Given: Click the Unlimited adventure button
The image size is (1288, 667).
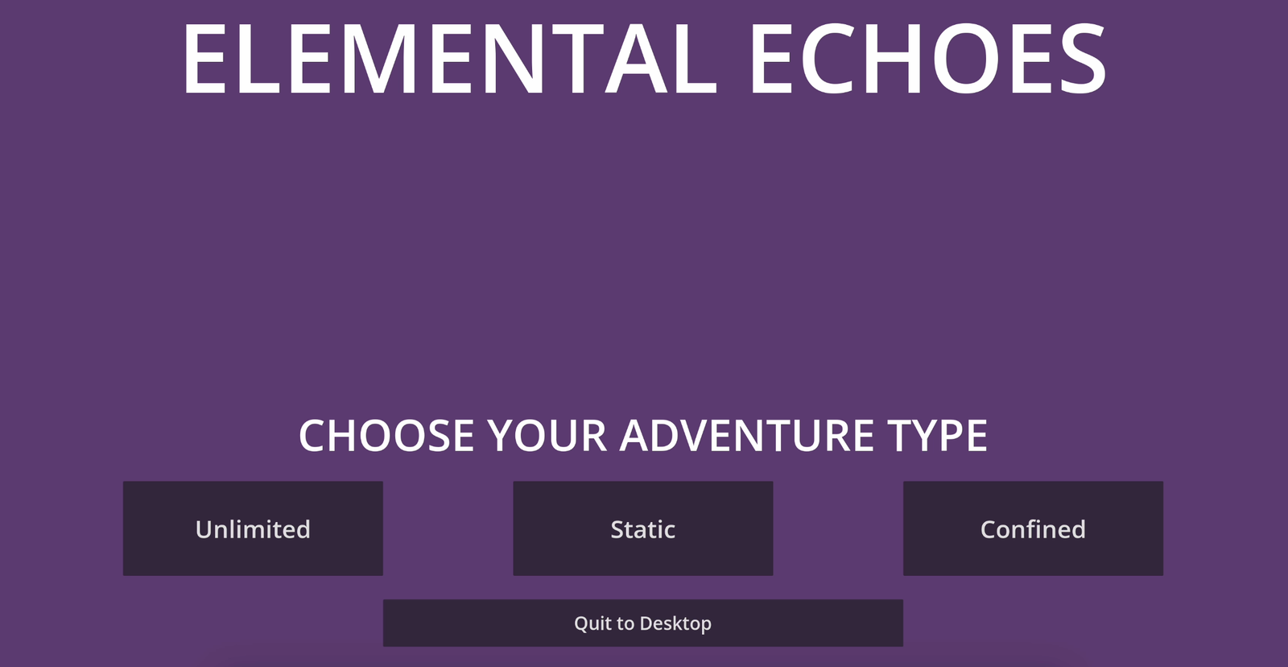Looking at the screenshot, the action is pos(253,528).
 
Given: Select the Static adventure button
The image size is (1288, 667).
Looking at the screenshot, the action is pos(643,528).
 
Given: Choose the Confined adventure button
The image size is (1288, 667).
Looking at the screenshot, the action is pos(1033,528).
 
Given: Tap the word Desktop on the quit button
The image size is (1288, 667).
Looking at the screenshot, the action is pos(675,623).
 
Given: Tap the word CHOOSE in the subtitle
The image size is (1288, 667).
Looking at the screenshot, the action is pos(386,436).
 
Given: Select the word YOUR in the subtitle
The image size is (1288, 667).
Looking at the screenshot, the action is pos(547,436).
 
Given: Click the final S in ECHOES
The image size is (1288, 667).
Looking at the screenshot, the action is pos(1082,59).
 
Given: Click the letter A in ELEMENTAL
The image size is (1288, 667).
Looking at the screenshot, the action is pos(635,59).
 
